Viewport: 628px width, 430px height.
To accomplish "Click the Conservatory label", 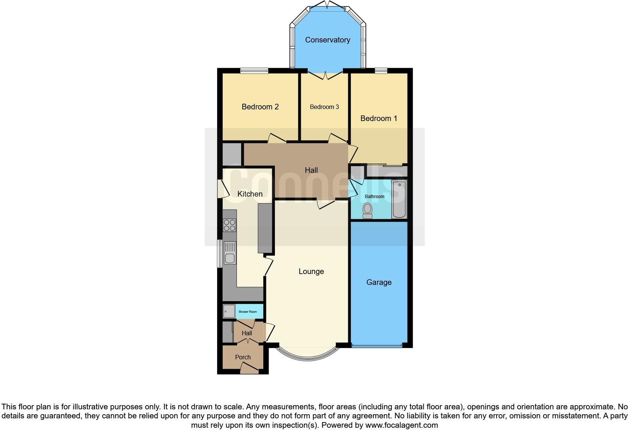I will tap(328, 40).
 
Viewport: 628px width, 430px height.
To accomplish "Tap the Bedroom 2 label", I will tap(260, 107).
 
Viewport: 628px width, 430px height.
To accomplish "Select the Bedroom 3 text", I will tap(324, 107).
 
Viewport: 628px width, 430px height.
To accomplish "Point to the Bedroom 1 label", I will tap(379, 118).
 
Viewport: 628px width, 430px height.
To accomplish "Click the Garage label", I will tap(379, 282).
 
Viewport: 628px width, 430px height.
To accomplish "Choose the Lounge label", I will tap(311, 271).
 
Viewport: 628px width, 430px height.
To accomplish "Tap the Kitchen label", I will tap(250, 194).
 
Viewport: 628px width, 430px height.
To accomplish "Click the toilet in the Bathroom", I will tap(367, 210).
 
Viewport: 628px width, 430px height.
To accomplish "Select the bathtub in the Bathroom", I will tap(399, 199).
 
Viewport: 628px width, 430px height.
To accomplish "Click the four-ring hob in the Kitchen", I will tap(229, 225).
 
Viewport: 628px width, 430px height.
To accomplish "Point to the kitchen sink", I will tap(229, 253).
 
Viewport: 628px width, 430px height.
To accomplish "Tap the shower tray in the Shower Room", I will tap(229, 312).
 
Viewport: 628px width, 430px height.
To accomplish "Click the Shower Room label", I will tap(248, 312).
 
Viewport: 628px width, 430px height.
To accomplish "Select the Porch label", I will tap(243, 357).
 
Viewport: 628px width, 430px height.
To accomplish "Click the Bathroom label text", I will tap(374, 197).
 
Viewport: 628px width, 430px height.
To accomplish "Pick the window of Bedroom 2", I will tap(254, 70).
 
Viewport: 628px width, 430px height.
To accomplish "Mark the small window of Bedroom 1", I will tap(381, 70).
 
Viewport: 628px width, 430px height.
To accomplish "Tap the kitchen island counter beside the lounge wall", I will tap(265, 228).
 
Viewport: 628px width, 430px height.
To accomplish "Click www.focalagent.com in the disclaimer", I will tap(402, 425).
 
